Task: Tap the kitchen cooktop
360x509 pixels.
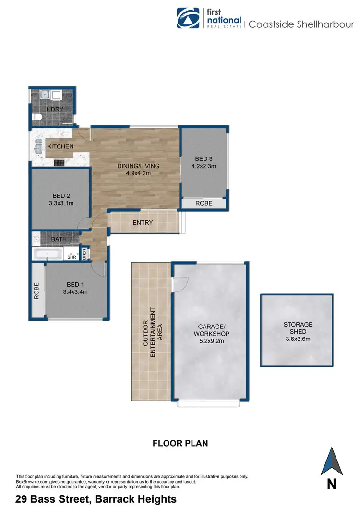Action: (59, 163)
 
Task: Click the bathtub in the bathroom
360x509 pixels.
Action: (47, 254)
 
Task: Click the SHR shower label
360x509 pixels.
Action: (72, 257)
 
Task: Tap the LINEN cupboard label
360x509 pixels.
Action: (84, 254)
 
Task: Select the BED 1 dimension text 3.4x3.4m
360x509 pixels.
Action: (75, 291)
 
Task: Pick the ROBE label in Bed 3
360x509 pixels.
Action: (204, 204)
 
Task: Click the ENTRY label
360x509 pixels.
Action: (143, 222)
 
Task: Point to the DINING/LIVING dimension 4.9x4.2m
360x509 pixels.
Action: (138, 173)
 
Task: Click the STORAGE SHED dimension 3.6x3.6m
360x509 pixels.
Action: (297, 339)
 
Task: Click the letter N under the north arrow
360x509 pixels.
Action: (331, 485)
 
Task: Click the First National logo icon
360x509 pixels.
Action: (188, 18)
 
